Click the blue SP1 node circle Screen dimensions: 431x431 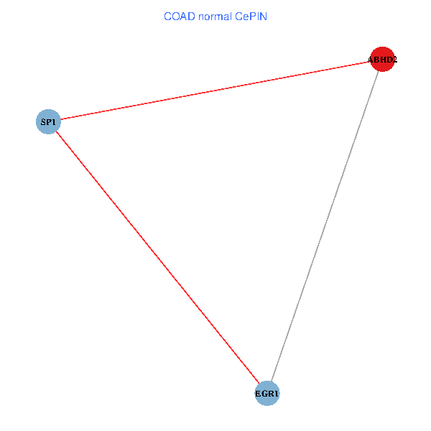[x=48, y=121]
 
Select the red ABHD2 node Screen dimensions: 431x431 [x=382, y=60]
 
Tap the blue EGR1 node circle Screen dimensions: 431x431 [x=267, y=393]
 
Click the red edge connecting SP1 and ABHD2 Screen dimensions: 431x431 [x=215, y=91]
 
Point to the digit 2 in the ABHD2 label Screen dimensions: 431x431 [x=394, y=60]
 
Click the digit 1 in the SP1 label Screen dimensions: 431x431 [x=54, y=122]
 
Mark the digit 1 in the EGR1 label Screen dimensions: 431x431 [x=276, y=394]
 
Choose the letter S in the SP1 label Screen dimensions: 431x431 [x=43, y=122]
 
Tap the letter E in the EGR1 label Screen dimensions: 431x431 [x=259, y=394]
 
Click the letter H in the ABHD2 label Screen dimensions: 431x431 [x=382, y=60]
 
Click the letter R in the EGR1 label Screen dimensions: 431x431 [x=271, y=394]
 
